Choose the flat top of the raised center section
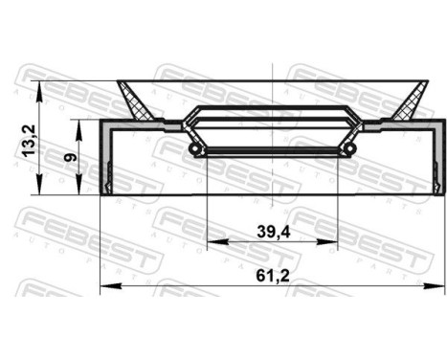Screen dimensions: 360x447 pyautogui.click(x=274, y=108)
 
